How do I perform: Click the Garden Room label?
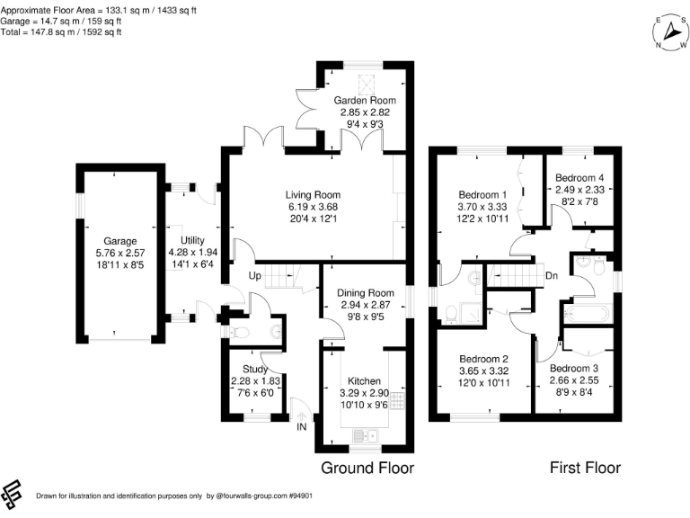coord(365,101)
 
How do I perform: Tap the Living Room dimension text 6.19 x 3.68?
coord(313,207)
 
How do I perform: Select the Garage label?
coord(120,241)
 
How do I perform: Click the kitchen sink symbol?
coord(366,435)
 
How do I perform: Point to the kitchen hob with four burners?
coord(398,400)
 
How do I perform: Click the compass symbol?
coord(670,32)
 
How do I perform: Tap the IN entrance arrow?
coord(302,416)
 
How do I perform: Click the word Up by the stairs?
coord(255,276)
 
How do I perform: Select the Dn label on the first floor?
coord(552,276)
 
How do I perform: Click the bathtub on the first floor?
coord(588,314)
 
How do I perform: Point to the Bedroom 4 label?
coord(579,178)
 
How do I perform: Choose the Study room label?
coord(255,369)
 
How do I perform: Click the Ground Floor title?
coord(367,468)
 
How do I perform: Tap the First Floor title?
coord(585,468)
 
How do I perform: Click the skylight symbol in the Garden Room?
coord(366,85)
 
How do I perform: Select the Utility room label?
coord(193,240)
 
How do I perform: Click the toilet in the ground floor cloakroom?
coord(240,332)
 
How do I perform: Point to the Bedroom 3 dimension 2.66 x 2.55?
coord(574,380)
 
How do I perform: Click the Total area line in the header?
coord(61,32)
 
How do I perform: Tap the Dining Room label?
coord(366,293)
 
